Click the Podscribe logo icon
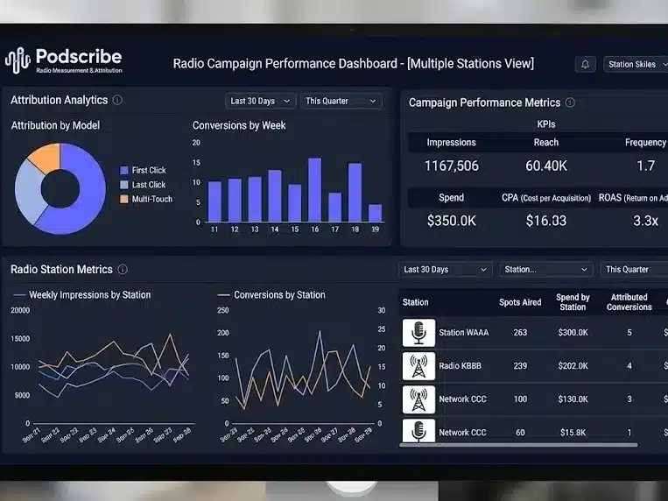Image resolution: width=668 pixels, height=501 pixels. (x=18, y=60)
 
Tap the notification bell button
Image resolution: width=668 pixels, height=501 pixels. (x=585, y=64)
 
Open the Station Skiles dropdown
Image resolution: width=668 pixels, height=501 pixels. (x=636, y=64)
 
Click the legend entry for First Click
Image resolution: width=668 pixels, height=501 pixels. (x=148, y=170)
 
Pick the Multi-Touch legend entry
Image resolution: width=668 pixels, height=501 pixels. (x=151, y=199)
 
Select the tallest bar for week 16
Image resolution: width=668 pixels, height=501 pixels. (x=314, y=190)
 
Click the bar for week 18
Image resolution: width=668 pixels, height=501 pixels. (x=355, y=193)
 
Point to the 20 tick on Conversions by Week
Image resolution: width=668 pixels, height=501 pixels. (x=197, y=142)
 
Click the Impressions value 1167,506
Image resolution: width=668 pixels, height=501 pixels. (x=451, y=166)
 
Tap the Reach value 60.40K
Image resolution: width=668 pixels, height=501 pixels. (x=546, y=166)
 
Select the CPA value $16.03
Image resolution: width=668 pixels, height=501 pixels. (x=546, y=221)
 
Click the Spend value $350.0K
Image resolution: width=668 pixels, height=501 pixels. (x=451, y=221)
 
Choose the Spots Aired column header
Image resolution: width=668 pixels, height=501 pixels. (x=520, y=302)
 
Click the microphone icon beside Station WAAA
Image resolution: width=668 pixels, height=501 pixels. (x=418, y=333)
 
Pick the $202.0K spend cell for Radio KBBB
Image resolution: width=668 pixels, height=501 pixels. (x=573, y=366)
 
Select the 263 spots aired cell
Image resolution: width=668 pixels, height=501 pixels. (x=520, y=333)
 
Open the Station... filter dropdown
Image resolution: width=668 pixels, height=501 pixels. (x=547, y=270)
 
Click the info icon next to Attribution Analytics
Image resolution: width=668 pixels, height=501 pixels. (x=118, y=100)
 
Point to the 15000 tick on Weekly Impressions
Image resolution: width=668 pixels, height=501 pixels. (x=19, y=338)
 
